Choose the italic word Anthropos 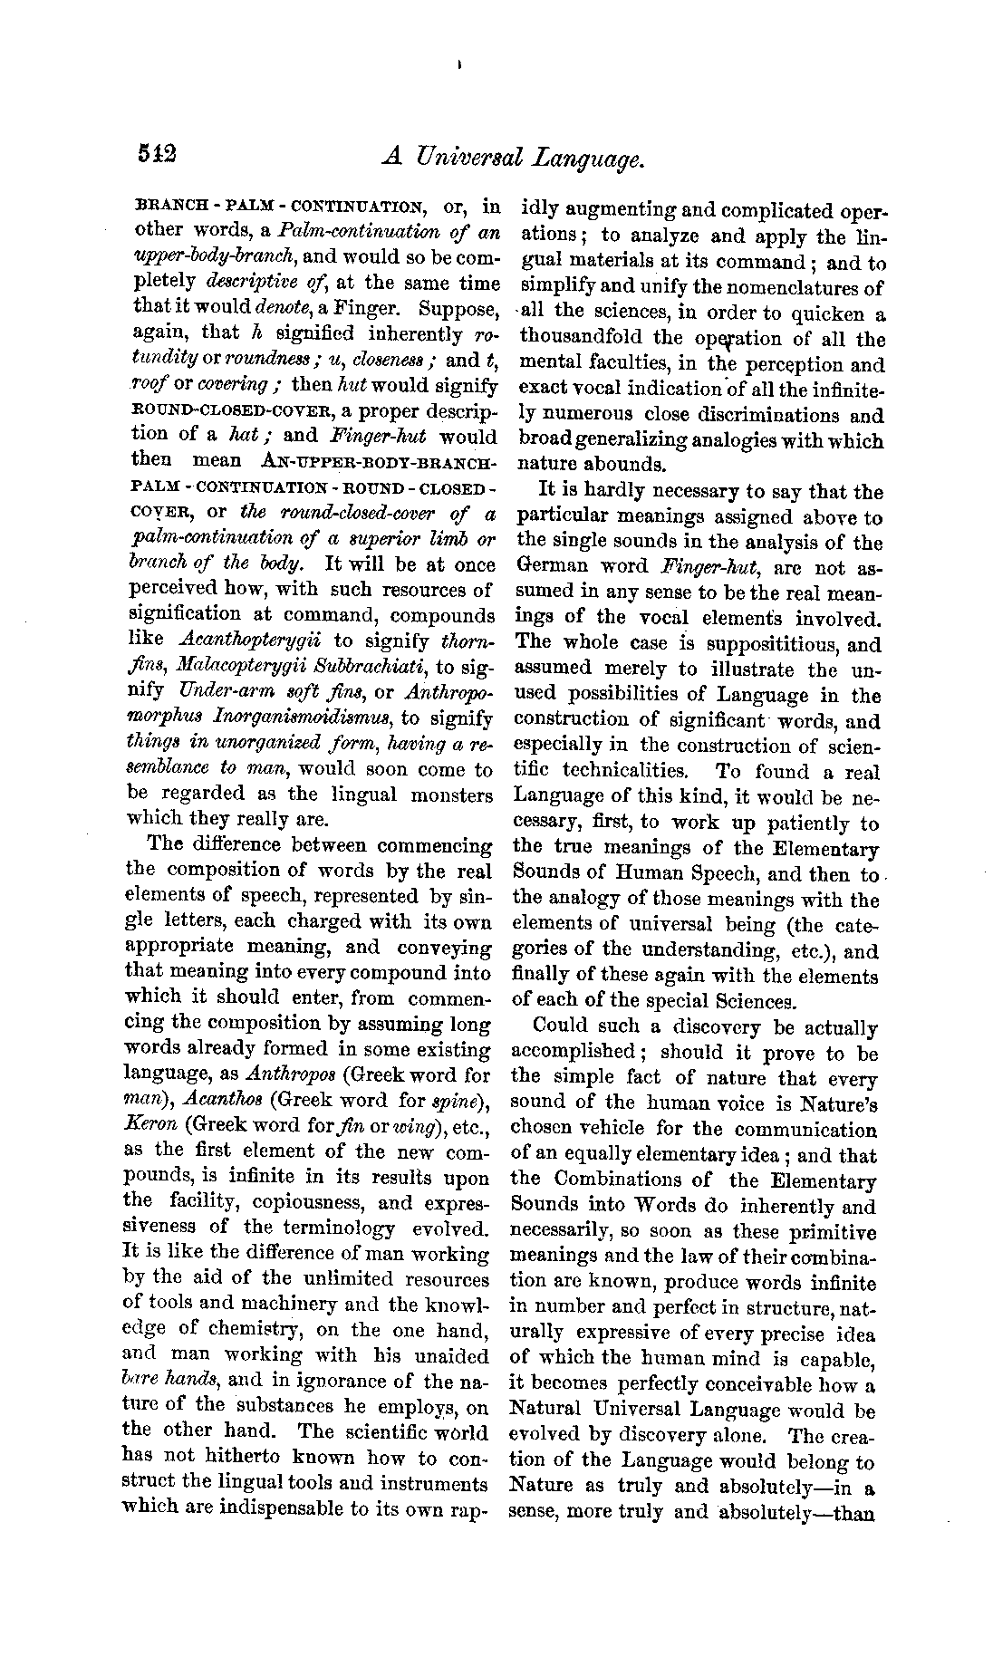click(291, 1075)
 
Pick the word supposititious click(760, 645)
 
